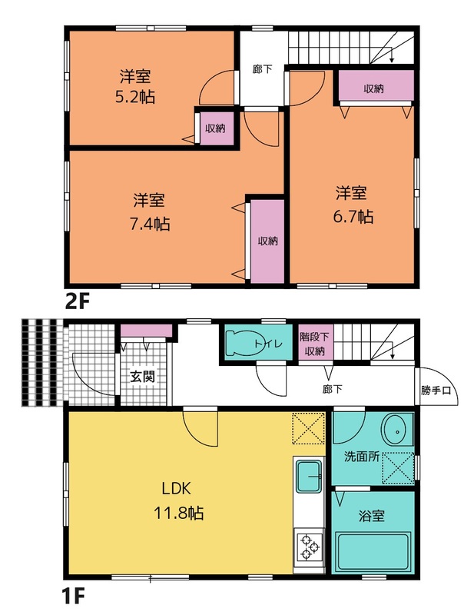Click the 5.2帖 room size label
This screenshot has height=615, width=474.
pos(135,97)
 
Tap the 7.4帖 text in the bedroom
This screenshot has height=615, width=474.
pos(150,224)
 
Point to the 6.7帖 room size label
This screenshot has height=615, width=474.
pos(353,217)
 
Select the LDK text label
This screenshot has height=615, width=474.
pos(177,489)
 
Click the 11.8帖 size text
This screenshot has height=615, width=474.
pos(178,513)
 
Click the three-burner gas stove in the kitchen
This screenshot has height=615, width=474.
pos(309,547)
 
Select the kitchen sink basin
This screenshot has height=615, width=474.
pos(309,477)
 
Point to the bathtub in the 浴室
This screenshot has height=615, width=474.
pos(373,551)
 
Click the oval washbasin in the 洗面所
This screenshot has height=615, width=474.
pos(397,431)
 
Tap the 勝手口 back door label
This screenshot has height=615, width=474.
pos(436,391)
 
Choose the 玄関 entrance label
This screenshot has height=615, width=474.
pos(143,377)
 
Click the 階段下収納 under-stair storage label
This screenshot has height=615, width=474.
pos(315,344)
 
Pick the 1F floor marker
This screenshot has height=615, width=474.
pos(73,597)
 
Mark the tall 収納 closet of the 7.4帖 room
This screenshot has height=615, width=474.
pos(267,241)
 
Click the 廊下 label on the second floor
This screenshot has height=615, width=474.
pos(263,69)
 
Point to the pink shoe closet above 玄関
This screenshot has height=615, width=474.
pos(146,331)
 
